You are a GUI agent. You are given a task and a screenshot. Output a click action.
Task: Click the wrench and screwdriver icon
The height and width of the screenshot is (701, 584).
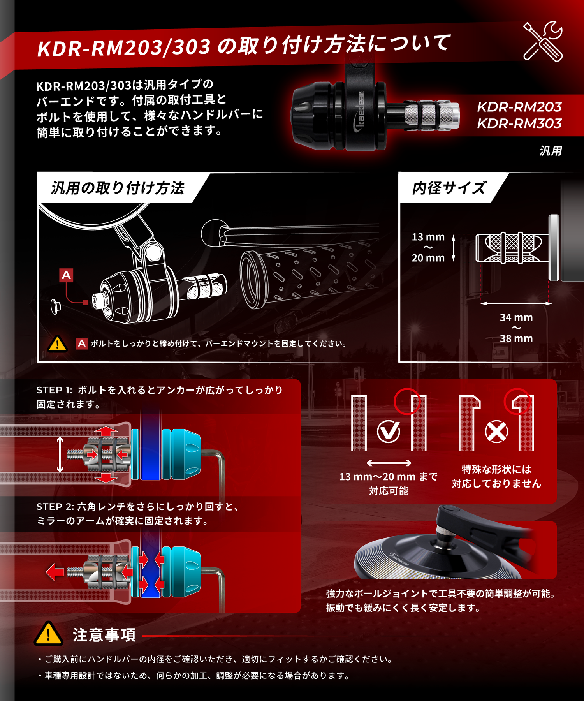pos(543,41)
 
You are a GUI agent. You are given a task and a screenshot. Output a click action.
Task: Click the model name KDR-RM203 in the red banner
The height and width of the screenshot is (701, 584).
pos(519,107)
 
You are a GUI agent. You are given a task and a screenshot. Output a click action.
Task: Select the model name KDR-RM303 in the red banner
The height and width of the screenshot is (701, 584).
pos(519,123)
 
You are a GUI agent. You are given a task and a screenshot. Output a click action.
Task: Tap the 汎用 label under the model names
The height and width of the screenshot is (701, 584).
pos(551,151)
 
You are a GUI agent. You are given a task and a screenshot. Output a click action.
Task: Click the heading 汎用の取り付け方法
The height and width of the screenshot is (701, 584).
pos(118,188)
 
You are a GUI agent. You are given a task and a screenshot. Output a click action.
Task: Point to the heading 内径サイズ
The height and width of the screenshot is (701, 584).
pos(449,188)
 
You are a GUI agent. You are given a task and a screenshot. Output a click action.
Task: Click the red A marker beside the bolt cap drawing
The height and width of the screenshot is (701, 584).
pos(66,275)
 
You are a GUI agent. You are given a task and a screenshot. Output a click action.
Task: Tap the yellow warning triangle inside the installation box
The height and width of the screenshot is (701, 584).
pos(57,344)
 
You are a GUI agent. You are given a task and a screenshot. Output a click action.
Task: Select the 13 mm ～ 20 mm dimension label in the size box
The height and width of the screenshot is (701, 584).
pos(428,247)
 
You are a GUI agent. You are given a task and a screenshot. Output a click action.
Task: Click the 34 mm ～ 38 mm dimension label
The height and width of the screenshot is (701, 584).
pos(516,328)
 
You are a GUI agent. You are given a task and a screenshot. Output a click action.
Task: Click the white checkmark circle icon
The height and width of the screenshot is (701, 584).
pos(389,432)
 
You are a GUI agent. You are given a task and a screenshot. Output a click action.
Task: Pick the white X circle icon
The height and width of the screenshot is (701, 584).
pos(496,432)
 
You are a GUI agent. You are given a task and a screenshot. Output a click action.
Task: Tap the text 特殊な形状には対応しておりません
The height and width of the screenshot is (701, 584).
pos(496,476)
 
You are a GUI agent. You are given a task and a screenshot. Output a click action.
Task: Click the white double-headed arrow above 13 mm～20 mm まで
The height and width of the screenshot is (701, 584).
pos(389,463)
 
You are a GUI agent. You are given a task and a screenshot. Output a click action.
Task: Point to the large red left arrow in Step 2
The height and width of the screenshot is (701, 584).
pos(55,572)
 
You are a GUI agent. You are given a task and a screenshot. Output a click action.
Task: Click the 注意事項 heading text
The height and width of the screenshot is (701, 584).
pos(104,635)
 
